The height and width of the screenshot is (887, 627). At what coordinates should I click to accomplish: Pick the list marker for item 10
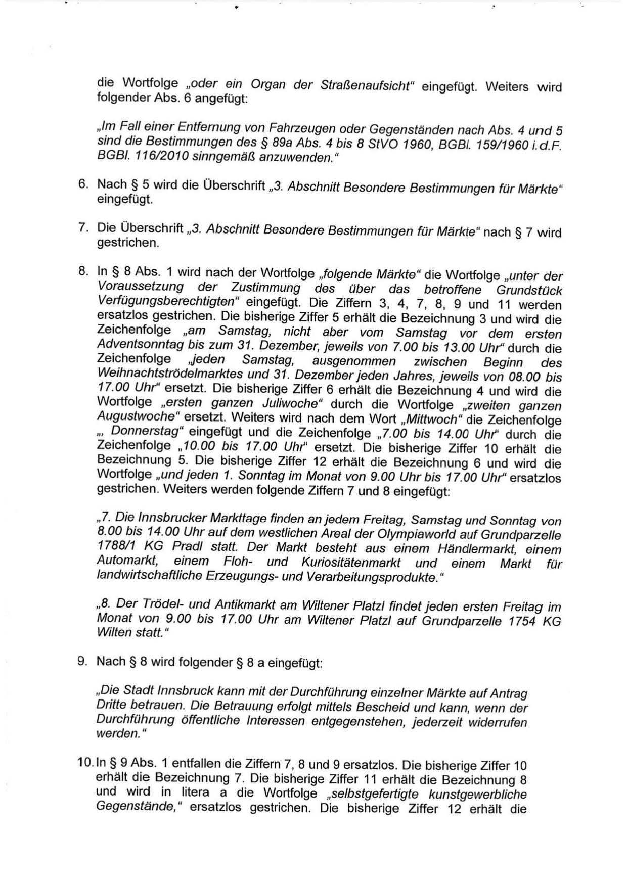pos(85,765)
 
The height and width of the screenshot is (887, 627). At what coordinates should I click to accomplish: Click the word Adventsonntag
pos(135,346)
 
